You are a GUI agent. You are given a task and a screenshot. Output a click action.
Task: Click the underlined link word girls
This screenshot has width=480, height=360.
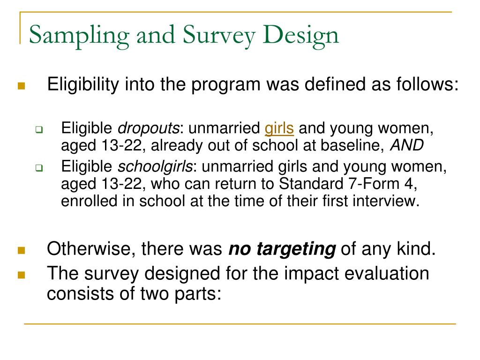279,128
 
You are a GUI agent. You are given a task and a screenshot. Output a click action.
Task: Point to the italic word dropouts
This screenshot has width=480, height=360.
149,128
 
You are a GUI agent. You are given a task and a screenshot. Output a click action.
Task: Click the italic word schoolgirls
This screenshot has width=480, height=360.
155,167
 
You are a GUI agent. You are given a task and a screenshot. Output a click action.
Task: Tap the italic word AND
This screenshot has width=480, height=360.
407,145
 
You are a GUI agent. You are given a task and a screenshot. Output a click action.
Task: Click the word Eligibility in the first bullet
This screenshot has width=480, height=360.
83,85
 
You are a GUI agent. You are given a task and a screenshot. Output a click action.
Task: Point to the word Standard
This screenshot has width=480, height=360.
311,184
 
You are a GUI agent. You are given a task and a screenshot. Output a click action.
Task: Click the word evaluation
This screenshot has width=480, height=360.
387,273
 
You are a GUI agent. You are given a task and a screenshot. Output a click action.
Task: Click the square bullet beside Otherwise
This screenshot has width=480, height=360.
22,251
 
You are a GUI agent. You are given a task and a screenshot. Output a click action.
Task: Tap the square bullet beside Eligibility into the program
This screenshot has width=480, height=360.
22,86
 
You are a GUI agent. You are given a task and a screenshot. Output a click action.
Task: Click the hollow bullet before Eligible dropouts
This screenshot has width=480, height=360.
39,130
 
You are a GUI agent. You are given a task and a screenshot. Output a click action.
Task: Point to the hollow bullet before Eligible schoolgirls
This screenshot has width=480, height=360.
39,168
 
